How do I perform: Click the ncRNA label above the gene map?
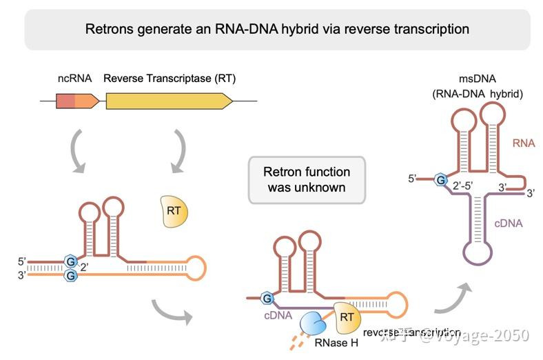point(74,79)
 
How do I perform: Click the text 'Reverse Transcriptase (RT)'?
point(170,79)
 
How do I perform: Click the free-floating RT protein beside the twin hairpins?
point(173,211)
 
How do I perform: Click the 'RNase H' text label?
point(337,341)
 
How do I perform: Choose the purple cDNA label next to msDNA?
point(508,223)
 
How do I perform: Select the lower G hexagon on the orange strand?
point(70,275)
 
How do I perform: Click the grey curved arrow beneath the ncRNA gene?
point(81,151)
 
